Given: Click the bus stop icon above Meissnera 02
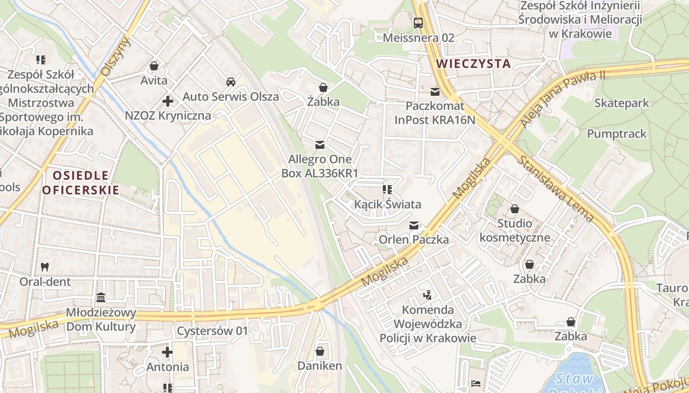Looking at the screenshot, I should point(418,23).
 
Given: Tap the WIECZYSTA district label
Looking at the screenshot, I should point(473,63).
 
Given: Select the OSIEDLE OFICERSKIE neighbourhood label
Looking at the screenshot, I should point(81,183).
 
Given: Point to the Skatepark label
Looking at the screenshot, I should point(622,103).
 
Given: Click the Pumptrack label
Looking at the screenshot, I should point(617,134).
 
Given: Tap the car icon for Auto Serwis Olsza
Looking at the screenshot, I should point(230,82).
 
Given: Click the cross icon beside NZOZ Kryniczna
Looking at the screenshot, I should point(168,101).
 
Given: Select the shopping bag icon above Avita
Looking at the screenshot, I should point(154,66).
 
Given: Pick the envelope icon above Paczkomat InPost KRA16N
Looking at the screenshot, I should point(435,91).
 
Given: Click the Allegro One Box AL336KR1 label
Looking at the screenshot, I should point(319,166).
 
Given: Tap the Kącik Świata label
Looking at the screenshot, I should point(388,204).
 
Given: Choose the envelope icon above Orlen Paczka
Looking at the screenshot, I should point(414,225).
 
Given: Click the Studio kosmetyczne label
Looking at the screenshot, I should point(514,230).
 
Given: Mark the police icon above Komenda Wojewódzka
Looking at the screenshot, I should point(427,295).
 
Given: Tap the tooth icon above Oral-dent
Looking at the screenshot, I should point(45,267).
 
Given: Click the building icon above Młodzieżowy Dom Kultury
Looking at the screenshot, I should point(101,298).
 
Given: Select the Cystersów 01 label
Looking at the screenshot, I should point(212,331).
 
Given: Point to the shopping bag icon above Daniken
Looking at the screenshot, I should point(319,351).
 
